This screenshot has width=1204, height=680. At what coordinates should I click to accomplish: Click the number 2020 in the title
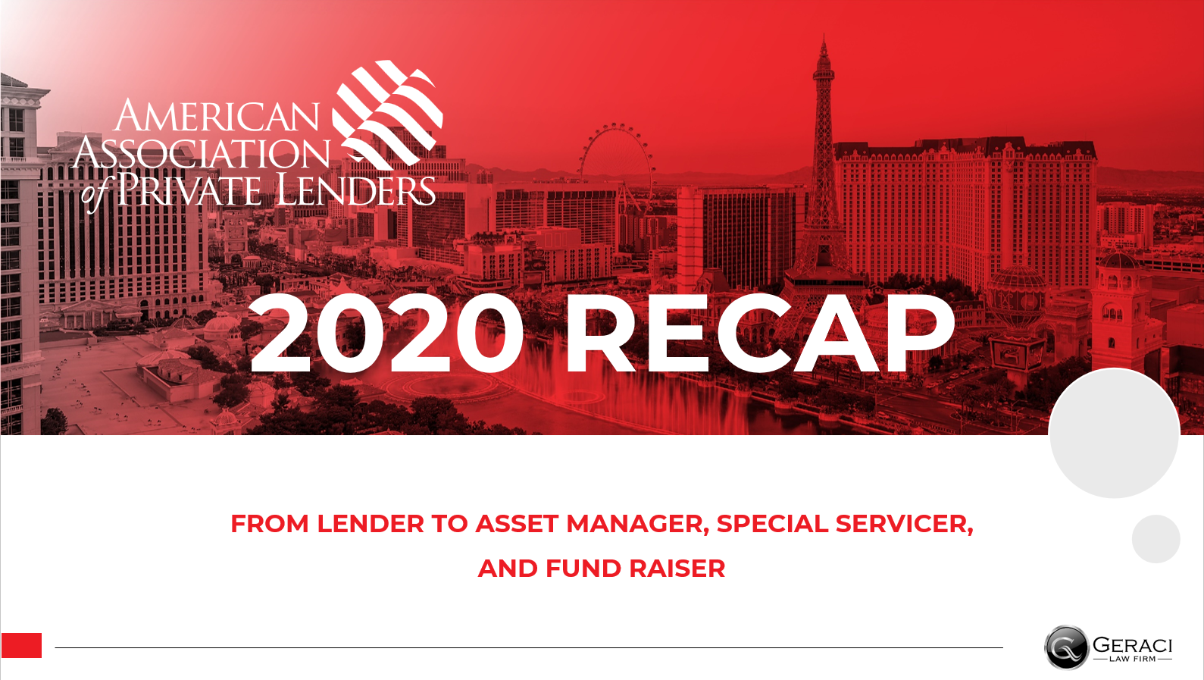pos(386,333)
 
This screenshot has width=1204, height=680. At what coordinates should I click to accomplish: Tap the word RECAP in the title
pos(759,333)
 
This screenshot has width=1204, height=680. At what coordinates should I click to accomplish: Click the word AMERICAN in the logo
pos(217,116)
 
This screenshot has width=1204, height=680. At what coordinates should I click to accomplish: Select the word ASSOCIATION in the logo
pos(202,152)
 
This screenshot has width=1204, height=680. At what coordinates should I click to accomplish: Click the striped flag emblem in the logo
pos(387,114)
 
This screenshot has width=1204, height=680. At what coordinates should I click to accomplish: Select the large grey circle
pos(1115,433)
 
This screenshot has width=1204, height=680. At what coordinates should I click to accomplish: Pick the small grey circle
pos(1156,539)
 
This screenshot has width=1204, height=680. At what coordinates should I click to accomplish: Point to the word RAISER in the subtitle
pos(677,569)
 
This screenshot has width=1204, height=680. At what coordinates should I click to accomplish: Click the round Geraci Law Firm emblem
pos(1066,647)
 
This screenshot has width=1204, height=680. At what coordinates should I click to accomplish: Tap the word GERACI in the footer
pos(1133,644)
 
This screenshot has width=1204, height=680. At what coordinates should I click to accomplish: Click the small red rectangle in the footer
pos(21,646)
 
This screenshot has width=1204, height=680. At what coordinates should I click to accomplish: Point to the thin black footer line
pos(529,647)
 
